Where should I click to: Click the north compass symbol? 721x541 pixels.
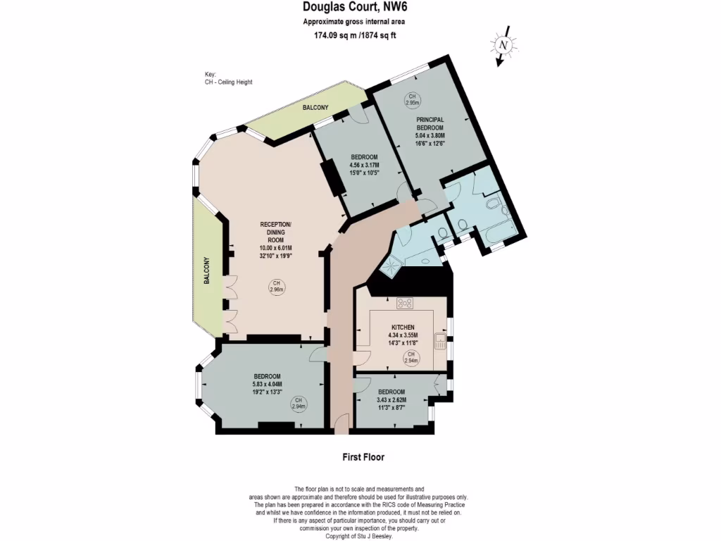click(x=502, y=45)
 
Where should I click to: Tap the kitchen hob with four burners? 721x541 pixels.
click(x=406, y=304)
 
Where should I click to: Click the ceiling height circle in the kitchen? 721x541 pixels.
click(x=411, y=358)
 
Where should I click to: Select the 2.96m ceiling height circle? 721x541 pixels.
click(x=275, y=287)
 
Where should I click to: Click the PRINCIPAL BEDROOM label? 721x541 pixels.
click(x=430, y=123)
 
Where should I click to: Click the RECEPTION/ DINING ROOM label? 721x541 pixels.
click(x=275, y=232)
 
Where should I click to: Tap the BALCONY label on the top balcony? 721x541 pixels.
click(x=315, y=108)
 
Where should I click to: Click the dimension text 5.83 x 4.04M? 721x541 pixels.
click(x=268, y=385)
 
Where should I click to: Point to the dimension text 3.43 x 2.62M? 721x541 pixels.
click(x=391, y=400)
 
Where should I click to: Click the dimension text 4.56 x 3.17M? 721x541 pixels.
click(x=363, y=165)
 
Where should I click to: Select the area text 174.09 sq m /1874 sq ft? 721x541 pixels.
click(x=355, y=36)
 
